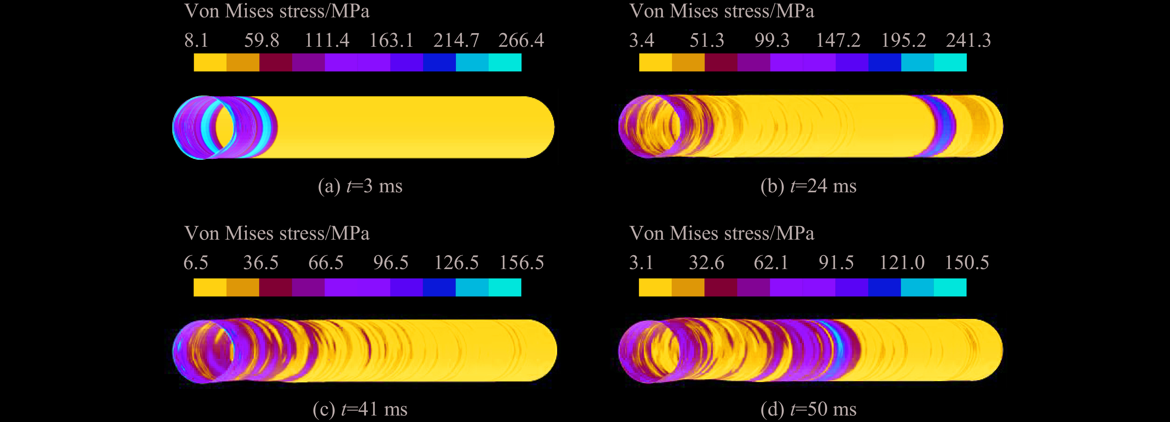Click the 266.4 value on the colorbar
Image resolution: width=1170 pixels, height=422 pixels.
[x=521, y=41]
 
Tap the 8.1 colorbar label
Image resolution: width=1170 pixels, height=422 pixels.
[x=196, y=41]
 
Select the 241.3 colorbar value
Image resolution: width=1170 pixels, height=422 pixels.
[x=968, y=41]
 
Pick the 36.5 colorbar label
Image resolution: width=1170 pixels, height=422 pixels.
[x=261, y=263]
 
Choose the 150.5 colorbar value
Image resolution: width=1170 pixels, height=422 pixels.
[x=967, y=263]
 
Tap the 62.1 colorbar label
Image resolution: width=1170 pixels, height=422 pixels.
[x=771, y=263]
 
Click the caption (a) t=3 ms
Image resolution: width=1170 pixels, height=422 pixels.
[x=360, y=186]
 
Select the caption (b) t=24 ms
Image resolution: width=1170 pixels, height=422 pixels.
[x=808, y=186]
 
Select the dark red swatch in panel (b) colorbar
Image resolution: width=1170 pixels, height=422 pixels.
[x=721, y=63]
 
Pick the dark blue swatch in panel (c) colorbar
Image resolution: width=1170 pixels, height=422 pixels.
[x=439, y=287]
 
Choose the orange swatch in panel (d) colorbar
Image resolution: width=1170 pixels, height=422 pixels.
[x=688, y=287]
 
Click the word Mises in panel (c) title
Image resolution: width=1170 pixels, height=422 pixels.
[x=249, y=233]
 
